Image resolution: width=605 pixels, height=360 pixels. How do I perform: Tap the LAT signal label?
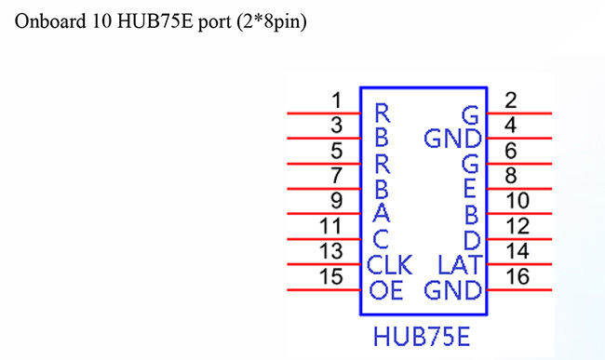458,264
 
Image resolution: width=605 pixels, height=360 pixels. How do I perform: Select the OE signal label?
384,290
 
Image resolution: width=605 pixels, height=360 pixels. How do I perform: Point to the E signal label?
470,190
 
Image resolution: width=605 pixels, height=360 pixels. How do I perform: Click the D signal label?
470,239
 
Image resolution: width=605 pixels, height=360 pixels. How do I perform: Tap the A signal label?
381,214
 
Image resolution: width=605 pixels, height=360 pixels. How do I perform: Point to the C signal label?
381,240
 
